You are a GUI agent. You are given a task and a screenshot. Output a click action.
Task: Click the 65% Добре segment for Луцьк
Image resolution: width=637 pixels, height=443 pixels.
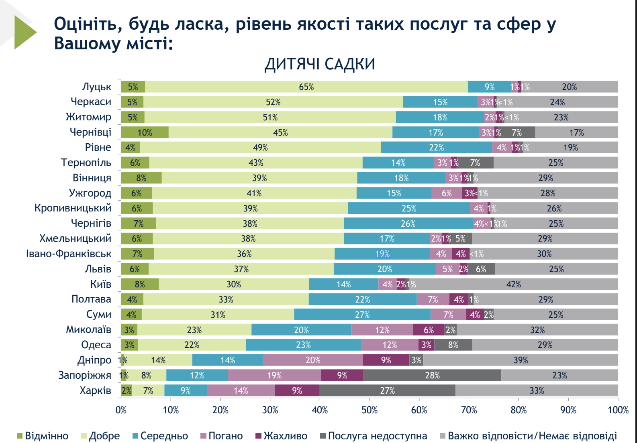[x=306, y=87]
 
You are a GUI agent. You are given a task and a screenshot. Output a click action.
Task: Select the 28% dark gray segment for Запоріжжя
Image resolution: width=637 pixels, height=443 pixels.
[x=432, y=375]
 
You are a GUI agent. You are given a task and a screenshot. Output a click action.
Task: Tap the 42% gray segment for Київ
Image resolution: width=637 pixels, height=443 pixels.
[x=513, y=284]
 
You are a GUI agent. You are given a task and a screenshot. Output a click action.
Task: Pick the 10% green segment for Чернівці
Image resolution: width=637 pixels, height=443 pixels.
[x=145, y=132]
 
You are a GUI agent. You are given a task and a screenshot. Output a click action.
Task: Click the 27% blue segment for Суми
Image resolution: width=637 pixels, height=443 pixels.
[x=362, y=315]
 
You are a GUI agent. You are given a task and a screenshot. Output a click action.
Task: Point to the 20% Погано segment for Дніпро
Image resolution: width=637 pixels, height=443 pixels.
[x=313, y=360]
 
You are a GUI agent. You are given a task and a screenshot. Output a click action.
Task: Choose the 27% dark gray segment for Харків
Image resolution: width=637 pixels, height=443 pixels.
[x=387, y=390]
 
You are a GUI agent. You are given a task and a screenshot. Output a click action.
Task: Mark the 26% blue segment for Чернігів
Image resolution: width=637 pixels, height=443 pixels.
[x=408, y=224]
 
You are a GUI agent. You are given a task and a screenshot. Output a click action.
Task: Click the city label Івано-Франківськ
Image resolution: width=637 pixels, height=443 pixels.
[x=69, y=254]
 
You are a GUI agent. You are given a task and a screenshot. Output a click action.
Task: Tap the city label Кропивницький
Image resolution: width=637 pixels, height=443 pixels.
[x=73, y=208]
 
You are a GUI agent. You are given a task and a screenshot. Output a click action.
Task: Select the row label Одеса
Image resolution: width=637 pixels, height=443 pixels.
[x=96, y=345]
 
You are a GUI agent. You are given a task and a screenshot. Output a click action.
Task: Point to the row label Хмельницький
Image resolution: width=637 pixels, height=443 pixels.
[x=75, y=238]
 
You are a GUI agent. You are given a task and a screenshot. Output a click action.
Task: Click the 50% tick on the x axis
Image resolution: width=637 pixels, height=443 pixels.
[x=369, y=410]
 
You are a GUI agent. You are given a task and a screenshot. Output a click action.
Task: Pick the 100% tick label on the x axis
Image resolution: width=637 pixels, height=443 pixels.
[x=618, y=410]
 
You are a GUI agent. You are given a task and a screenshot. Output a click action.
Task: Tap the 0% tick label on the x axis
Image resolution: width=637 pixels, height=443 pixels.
[x=121, y=410]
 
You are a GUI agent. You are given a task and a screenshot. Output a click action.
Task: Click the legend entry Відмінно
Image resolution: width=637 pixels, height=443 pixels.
[x=43, y=436]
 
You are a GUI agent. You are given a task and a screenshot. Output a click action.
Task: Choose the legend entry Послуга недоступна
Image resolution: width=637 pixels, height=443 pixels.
[x=374, y=436]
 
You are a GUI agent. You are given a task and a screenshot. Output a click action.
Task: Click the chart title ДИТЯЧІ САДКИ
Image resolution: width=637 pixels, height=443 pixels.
[x=320, y=64]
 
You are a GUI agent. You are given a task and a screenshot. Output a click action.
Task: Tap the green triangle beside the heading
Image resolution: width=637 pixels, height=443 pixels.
[x=24, y=32]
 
